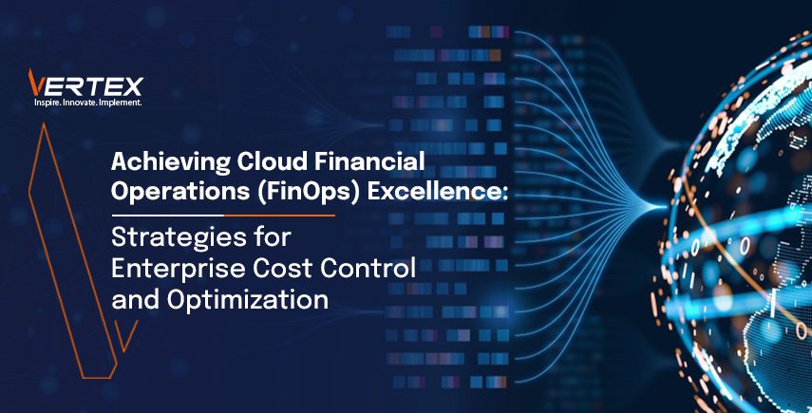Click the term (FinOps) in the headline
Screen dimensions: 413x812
[289, 191]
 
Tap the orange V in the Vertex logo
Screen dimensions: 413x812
[36, 82]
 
